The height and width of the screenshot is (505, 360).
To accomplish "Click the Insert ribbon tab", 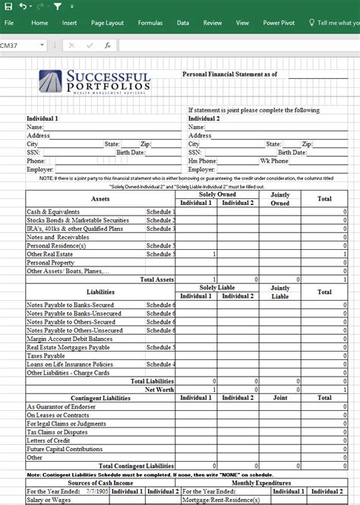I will coord(69,23).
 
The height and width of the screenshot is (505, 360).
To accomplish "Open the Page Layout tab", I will coord(107,23).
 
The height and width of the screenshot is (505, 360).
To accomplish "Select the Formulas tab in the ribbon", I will coord(150,23).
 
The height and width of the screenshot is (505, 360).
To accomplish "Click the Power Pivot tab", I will coord(278,23).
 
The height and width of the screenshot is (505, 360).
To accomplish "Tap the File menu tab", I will coord(9,23).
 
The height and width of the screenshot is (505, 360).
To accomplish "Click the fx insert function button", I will coord(108,46).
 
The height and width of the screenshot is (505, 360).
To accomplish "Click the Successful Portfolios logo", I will coord(96,81).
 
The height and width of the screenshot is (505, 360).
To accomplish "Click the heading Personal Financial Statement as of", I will coord(229,74).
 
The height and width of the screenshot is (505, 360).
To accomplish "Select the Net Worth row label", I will coord(159,389).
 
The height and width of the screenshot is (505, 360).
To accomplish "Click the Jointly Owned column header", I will coord(279,199).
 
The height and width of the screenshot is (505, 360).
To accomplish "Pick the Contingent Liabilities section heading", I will coord(101,397).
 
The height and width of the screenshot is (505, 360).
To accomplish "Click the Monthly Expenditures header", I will coord(260,482).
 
